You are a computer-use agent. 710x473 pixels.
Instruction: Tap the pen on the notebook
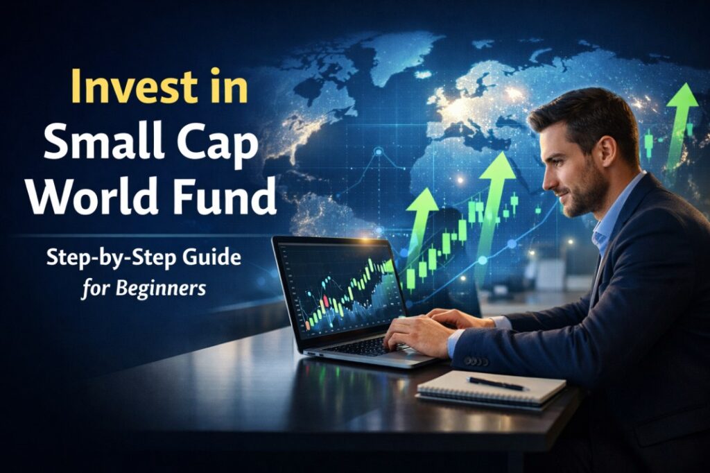tap(496, 383)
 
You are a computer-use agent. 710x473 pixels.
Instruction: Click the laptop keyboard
tap(367, 345)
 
